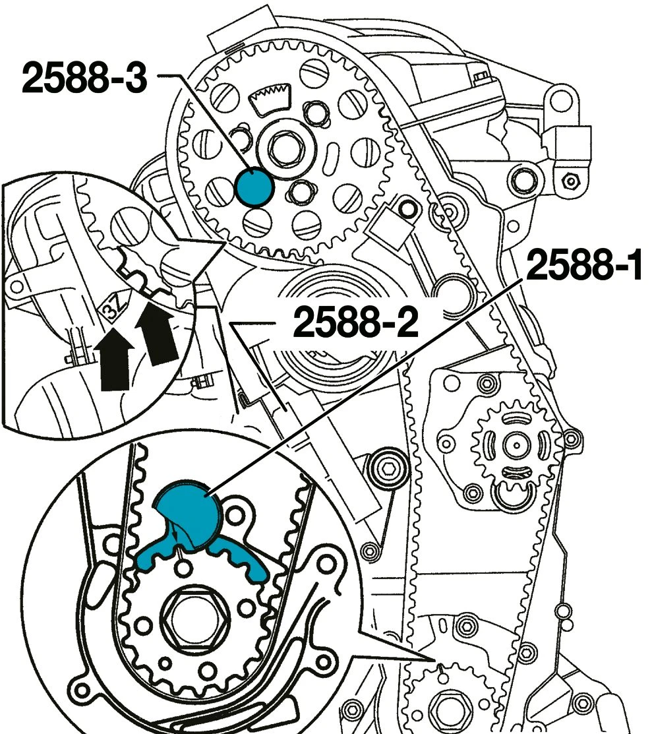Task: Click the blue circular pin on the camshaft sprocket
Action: (254, 187)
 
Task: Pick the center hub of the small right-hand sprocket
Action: (514, 445)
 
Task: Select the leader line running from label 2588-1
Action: (369, 382)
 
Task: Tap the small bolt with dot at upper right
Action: (570, 179)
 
